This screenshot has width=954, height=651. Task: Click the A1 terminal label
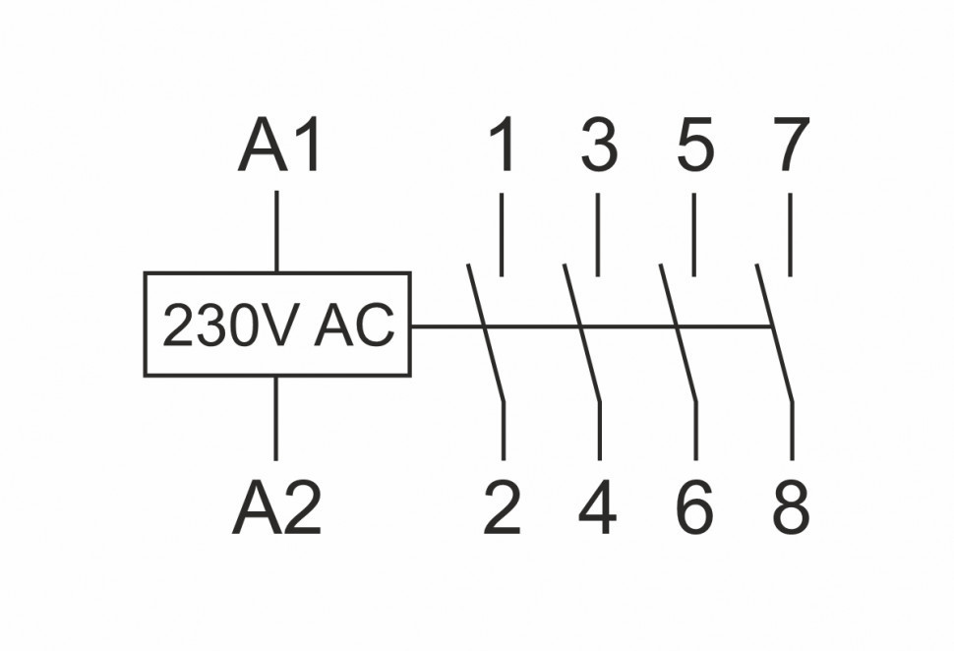pyautogui.click(x=280, y=148)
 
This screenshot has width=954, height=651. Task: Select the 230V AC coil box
pyautogui.click(x=277, y=325)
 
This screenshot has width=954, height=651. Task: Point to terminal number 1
pyautogui.click(x=503, y=146)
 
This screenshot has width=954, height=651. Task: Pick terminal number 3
pyautogui.click(x=598, y=146)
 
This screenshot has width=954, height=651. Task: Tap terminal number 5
pyautogui.click(x=694, y=146)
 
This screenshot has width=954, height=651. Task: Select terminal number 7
pyautogui.click(x=790, y=146)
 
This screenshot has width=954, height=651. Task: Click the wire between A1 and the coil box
pyautogui.click(x=276, y=231)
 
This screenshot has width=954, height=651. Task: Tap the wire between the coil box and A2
pyautogui.click(x=276, y=418)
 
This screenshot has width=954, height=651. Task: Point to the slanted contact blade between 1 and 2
pyautogui.click(x=486, y=334)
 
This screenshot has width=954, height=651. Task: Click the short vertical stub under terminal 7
pyautogui.click(x=791, y=235)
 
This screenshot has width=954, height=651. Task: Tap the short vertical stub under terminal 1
pyautogui.click(x=503, y=235)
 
